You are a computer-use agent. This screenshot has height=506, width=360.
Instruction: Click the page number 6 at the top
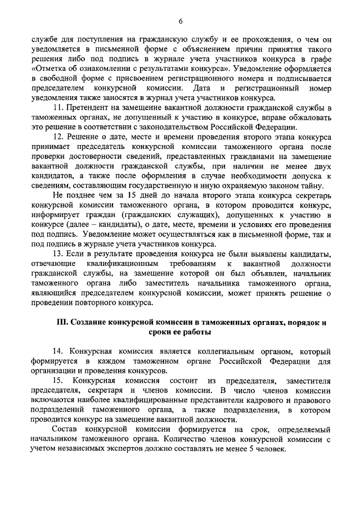pos(181,22)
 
